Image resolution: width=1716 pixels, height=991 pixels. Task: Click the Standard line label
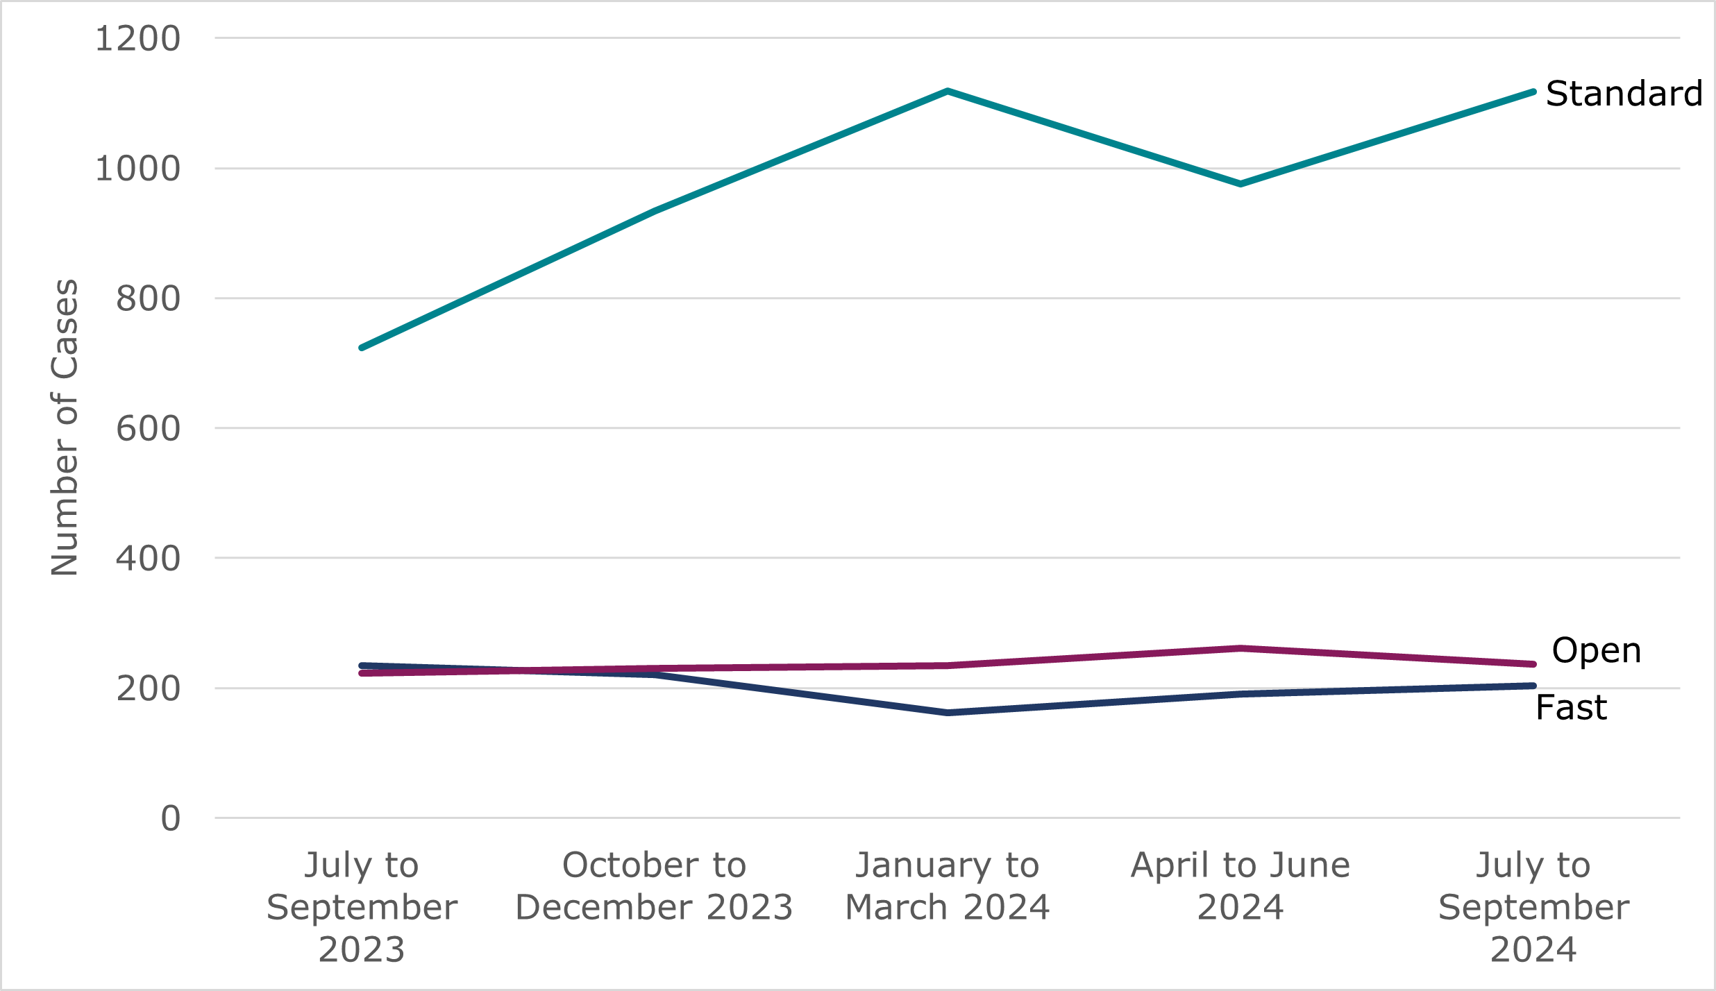point(1624,94)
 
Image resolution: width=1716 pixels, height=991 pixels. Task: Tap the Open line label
point(1596,651)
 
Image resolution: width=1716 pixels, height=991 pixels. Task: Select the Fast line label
point(1571,708)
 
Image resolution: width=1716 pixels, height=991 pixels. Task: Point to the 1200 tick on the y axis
point(137,39)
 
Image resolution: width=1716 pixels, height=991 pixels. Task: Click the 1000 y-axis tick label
point(137,169)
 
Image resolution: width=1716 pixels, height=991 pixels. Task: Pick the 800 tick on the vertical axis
point(148,299)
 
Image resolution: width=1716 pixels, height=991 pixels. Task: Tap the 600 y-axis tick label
point(148,429)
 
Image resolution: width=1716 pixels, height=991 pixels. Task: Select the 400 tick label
point(148,559)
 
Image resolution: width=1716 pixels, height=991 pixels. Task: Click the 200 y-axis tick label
point(148,688)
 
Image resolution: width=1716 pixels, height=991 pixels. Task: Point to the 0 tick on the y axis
point(170,819)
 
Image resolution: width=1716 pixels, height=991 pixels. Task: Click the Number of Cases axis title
point(65,427)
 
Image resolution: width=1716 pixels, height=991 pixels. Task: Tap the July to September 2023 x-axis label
point(362,907)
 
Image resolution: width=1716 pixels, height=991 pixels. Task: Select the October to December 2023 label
point(654,886)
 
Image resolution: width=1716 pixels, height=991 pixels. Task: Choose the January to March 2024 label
point(947,886)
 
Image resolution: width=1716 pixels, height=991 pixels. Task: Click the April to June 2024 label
point(1240,886)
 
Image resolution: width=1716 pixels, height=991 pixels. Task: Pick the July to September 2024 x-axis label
point(1533,907)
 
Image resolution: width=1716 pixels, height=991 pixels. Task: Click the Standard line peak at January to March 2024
point(948,91)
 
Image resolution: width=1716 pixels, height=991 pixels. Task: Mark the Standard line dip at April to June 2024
point(1240,184)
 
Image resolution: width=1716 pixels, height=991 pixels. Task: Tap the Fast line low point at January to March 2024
point(948,713)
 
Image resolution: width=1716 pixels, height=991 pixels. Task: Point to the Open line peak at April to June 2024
point(1240,648)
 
